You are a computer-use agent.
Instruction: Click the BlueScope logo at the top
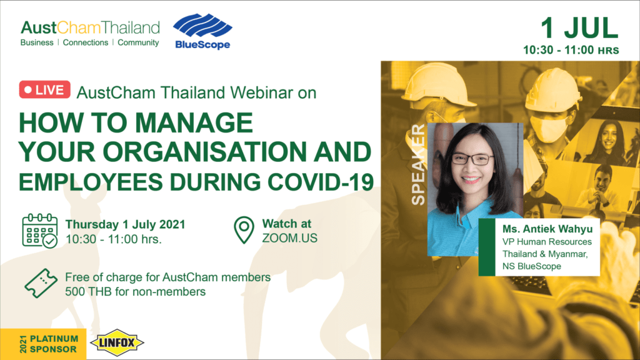click(x=202, y=31)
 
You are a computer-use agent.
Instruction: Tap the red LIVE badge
click(x=45, y=90)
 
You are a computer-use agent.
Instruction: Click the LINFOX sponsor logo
click(x=117, y=342)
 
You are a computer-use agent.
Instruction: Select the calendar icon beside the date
click(x=39, y=231)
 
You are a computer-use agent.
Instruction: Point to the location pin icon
click(x=244, y=230)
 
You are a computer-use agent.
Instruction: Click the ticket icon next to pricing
click(x=41, y=283)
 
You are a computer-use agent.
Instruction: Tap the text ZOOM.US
click(x=289, y=238)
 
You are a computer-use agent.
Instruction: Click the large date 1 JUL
click(x=579, y=28)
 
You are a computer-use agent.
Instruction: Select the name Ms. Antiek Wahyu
click(x=547, y=229)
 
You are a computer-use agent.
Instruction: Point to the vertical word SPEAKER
click(x=418, y=164)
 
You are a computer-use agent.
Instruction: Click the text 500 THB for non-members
click(x=135, y=292)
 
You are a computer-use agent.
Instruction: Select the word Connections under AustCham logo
click(x=85, y=42)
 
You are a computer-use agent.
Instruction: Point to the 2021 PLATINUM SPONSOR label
click(x=49, y=344)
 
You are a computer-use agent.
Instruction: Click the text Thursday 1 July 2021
click(x=125, y=224)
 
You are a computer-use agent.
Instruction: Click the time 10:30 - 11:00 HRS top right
click(x=571, y=50)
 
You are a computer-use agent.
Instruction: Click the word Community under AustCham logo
click(x=138, y=43)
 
